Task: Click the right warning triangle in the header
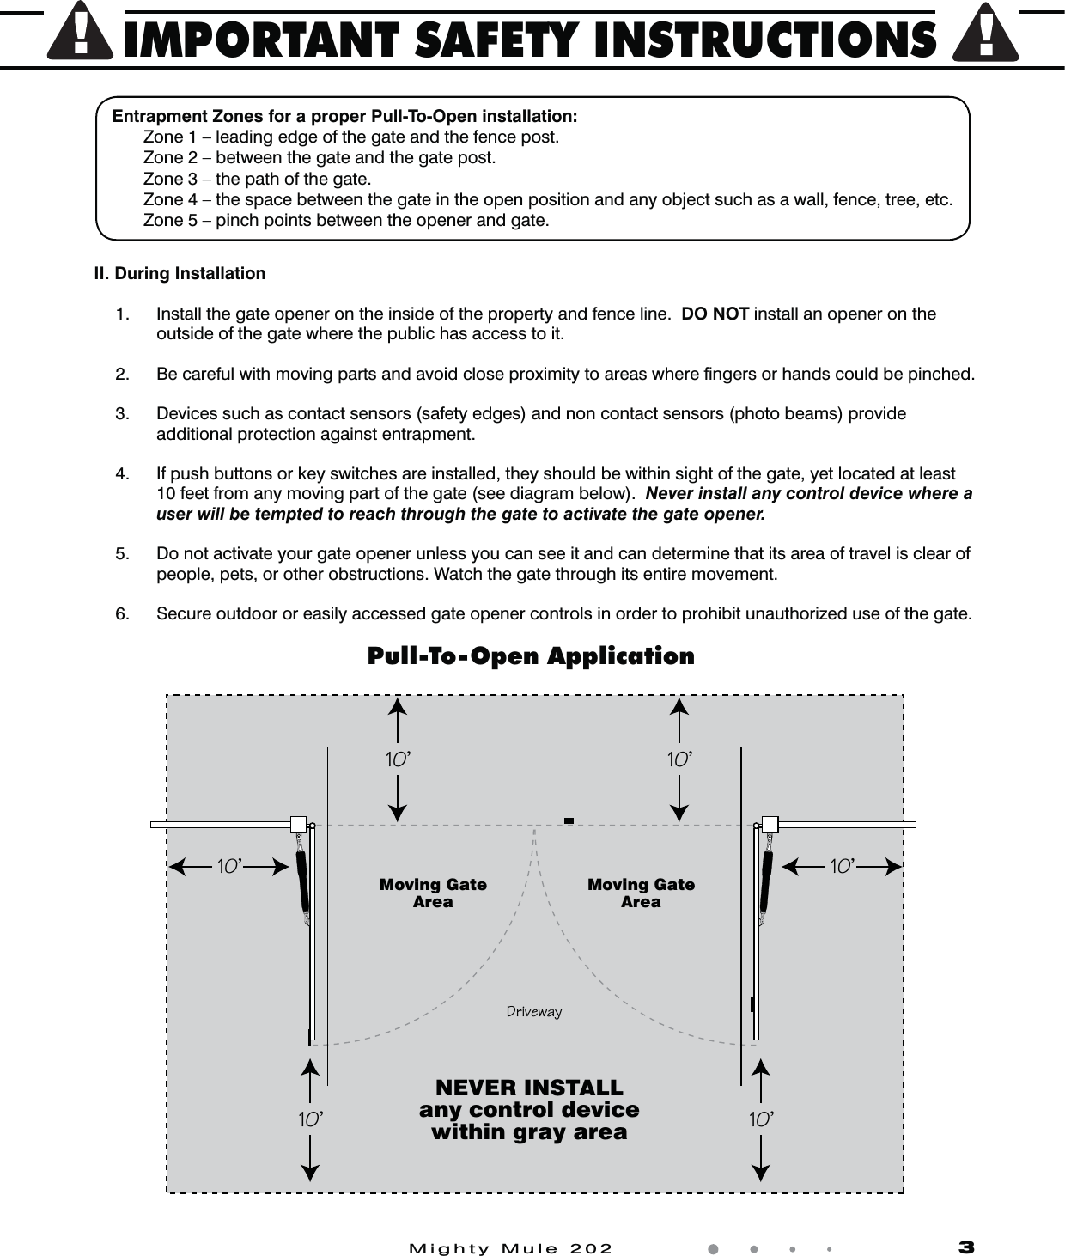(986, 36)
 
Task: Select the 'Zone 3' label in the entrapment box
(169, 179)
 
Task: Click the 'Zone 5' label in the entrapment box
(169, 220)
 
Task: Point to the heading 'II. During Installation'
(180, 273)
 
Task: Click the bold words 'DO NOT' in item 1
(715, 314)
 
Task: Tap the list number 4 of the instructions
(124, 473)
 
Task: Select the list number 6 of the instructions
(124, 613)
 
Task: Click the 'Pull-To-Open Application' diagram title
(531, 656)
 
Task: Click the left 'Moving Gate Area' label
(433, 893)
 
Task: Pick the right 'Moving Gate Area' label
(641, 893)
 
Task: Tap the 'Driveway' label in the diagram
(533, 1011)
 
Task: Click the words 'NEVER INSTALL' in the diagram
(529, 1088)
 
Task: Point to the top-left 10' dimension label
(397, 759)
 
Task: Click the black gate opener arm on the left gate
(302, 881)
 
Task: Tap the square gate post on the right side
(770, 825)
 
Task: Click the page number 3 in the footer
(966, 1247)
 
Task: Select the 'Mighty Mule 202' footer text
(511, 1248)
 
